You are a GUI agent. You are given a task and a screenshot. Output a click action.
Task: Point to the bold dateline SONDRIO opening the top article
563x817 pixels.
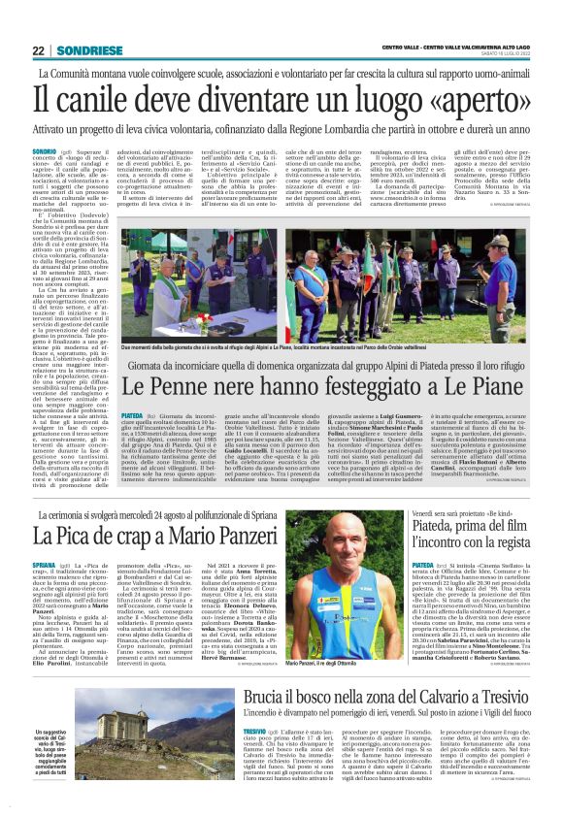[45, 152]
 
